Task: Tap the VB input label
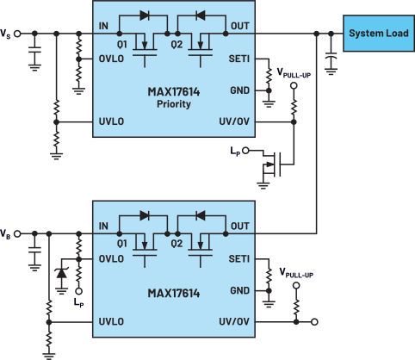click(x=7, y=233)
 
